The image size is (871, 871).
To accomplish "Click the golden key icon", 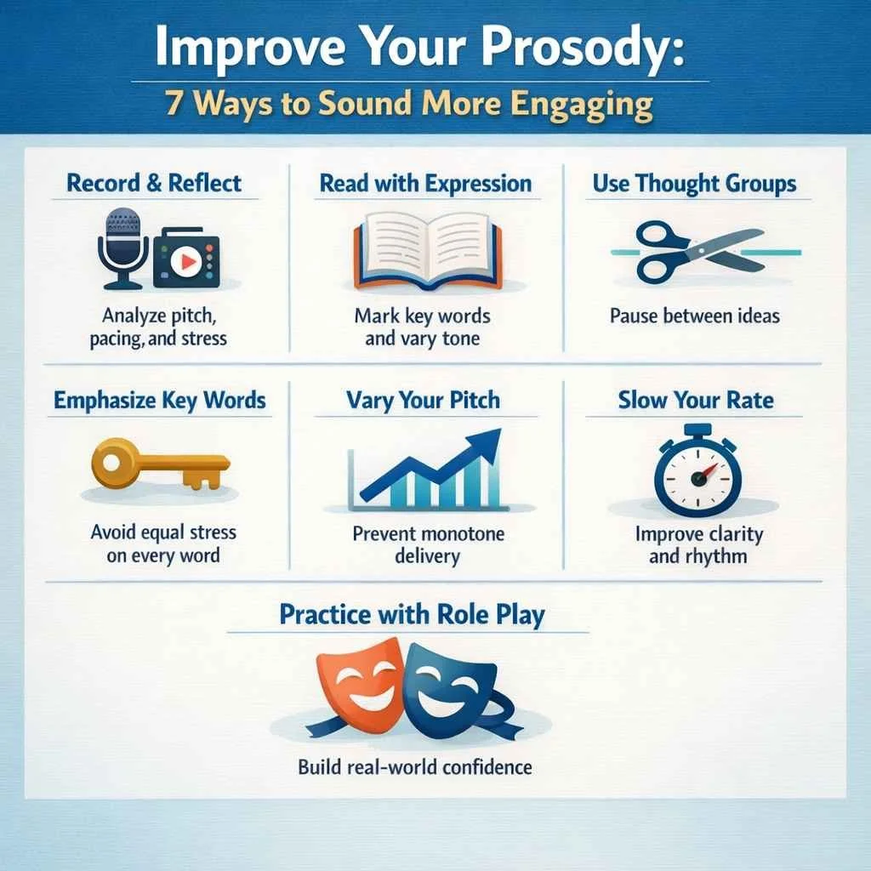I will pos(157,464).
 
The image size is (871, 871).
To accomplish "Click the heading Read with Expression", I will pos(425,183).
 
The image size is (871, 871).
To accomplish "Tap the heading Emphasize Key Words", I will pos(159,401).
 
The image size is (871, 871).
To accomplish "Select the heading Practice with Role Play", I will pos(412,615).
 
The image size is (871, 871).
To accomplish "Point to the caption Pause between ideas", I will pos(694,316).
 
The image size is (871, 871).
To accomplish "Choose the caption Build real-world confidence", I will pos(414,767).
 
